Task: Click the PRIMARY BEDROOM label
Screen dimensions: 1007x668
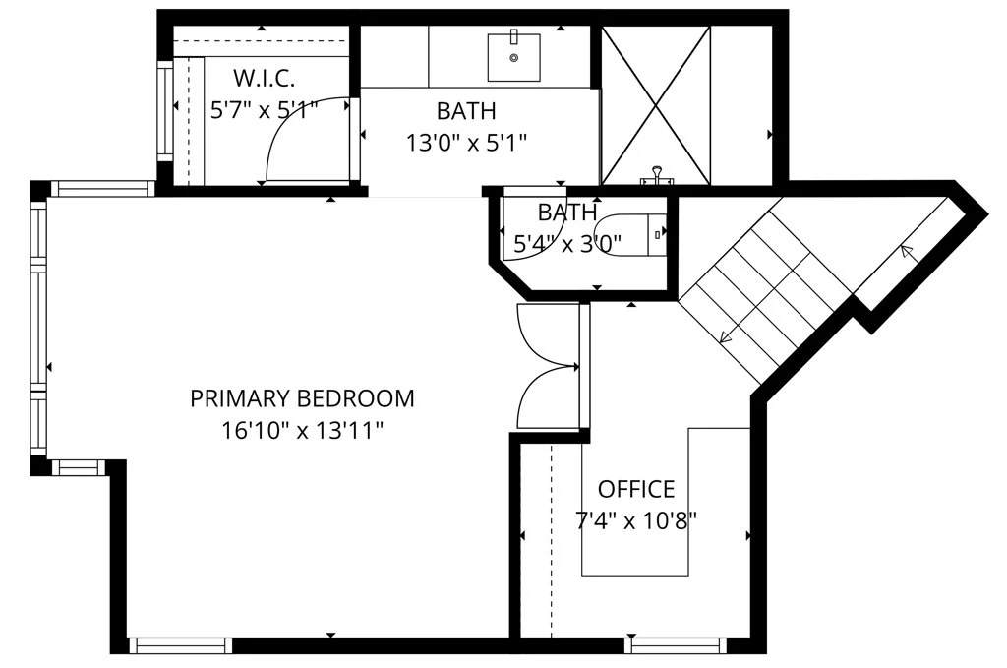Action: pyautogui.click(x=302, y=398)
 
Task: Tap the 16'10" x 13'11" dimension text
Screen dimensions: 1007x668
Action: pyautogui.click(x=302, y=430)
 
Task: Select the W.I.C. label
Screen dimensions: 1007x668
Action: pyautogui.click(x=264, y=79)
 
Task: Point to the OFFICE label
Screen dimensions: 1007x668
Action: pyautogui.click(x=636, y=489)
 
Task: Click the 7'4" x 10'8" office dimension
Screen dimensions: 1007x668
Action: pyautogui.click(x=636, y=519)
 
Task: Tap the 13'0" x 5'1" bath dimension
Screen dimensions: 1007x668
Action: pyautogui.click(x=466, y=142)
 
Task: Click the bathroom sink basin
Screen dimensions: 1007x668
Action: pyautogui.click(x=513, y=57)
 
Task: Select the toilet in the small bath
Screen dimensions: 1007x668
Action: pyautogui.click(x=630, y=234)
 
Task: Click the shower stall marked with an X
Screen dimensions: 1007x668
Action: pyautogui.click(x=656, y=106)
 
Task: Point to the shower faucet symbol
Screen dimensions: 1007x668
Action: pyautogui.click(x=656, y=176)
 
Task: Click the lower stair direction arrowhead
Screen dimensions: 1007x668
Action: pyautogui.click(x=727, y=335)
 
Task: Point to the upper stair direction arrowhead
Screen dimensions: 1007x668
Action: pyautogui.click(x=908, y=252)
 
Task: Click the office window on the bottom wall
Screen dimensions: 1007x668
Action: pyautogui.click(x=676, y=644)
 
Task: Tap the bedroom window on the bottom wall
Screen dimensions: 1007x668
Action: pyautogui.click(x=181, y=644)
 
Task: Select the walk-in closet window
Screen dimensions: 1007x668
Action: pyautogui.click(x=165, y=110)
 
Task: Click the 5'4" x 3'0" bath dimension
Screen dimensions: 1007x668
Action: pyautogui.click(x=567, y=244)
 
